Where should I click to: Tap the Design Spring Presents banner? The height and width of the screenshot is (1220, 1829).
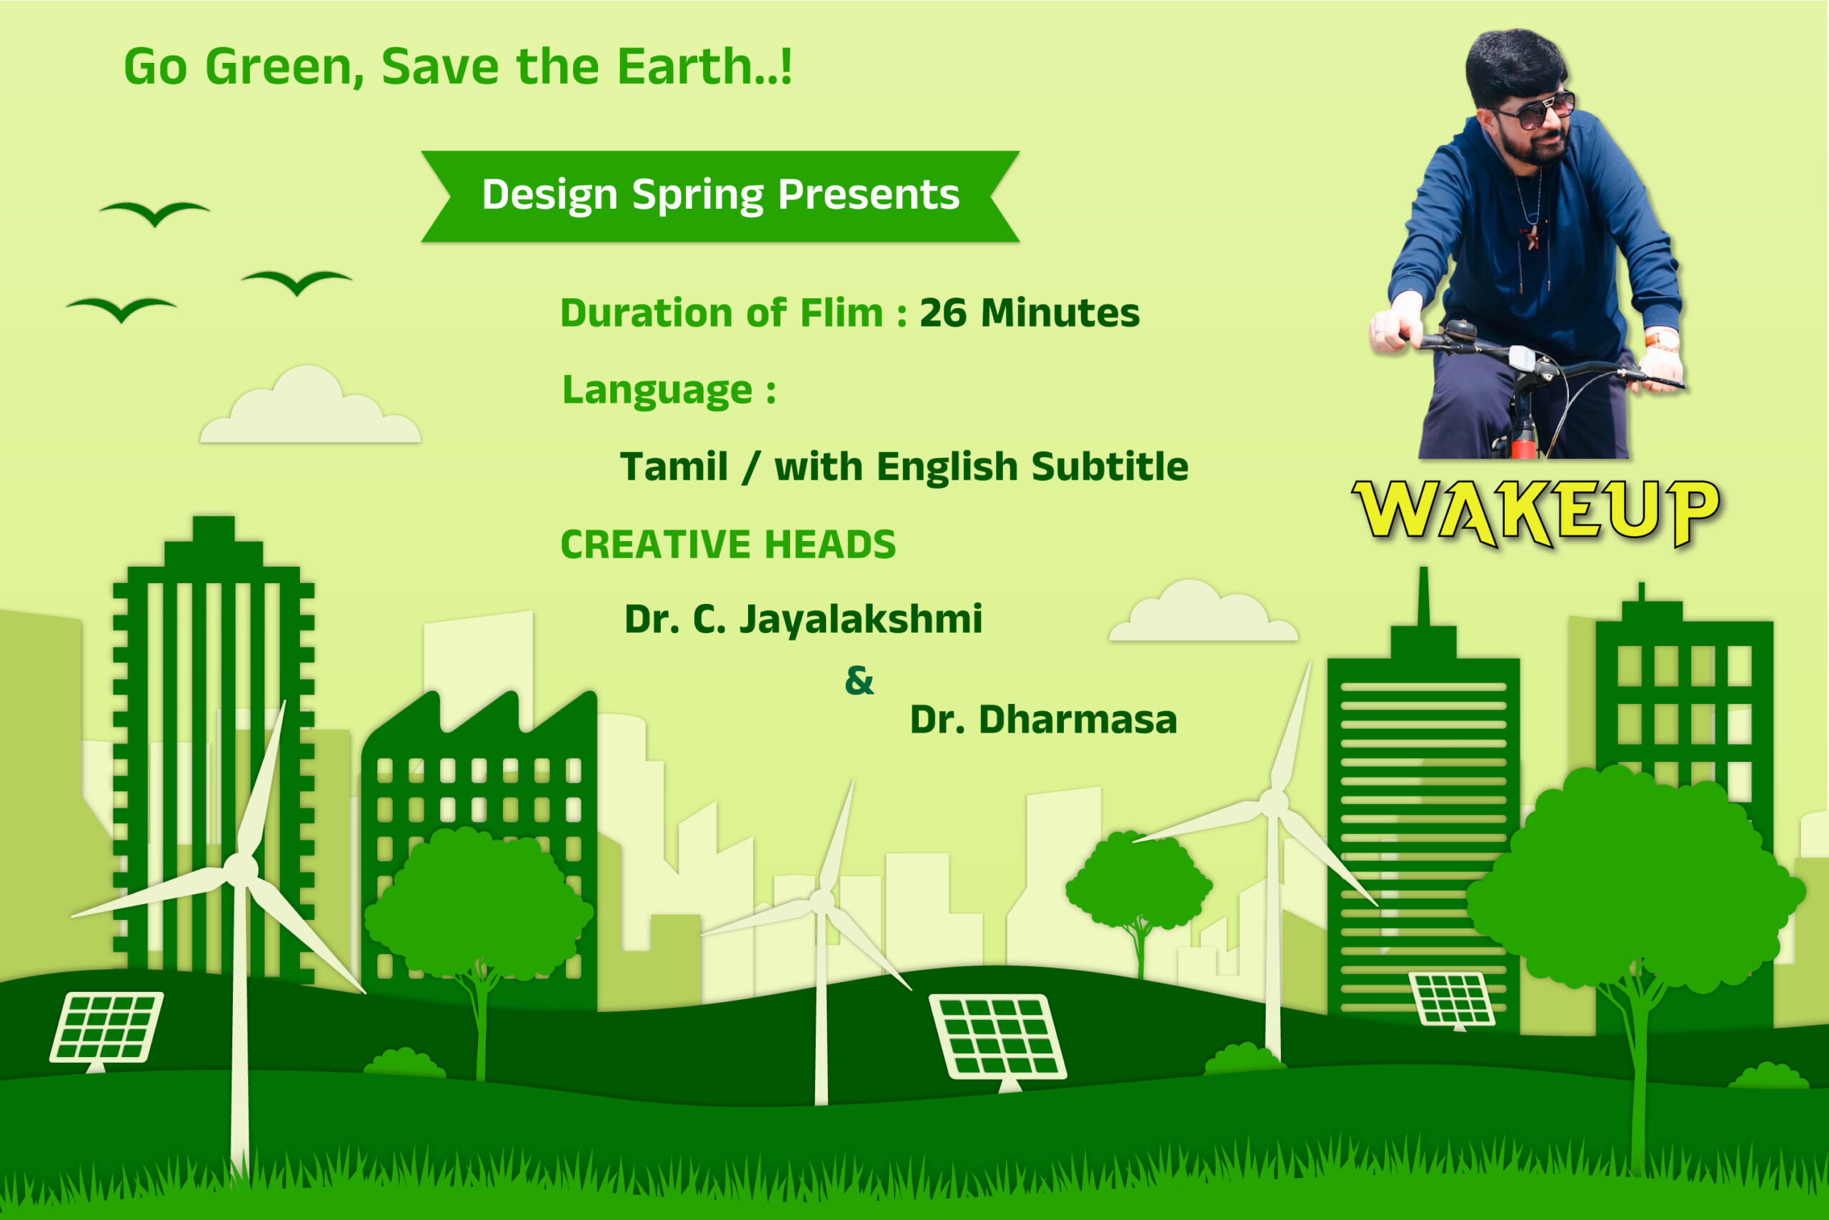(720, 196)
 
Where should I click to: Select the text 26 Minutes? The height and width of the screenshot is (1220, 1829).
(1030, 313)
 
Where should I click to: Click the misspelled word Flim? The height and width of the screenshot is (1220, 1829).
(842, 313)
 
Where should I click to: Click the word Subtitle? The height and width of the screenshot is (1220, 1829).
(1110, 467)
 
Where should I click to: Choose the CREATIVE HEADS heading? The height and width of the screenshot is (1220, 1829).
(728, 545)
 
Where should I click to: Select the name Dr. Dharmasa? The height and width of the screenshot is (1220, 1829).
(1044, 720)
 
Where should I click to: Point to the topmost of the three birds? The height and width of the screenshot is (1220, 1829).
(155, 212)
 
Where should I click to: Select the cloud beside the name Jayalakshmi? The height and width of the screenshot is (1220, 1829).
(1203, 612)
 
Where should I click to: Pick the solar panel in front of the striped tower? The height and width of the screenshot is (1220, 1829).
(1452, 999)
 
